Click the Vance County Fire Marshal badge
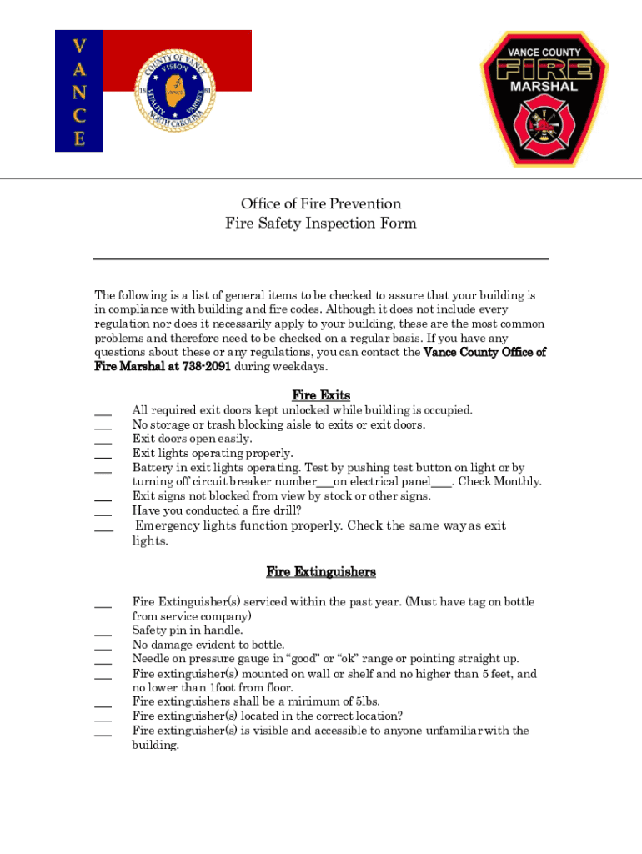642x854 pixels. click(x=544, y=98)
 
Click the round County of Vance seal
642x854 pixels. click(x=174, y=90)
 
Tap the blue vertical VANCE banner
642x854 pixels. click(x=79, y=91)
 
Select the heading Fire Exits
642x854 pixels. click(x=321, y=395)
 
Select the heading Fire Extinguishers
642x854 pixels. click(x=321, y=572)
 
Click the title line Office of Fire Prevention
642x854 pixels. click(x=321, y=204)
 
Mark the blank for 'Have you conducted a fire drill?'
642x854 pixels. click(x=103, y=513)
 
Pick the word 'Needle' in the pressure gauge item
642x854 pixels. click(x=151, y=659)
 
